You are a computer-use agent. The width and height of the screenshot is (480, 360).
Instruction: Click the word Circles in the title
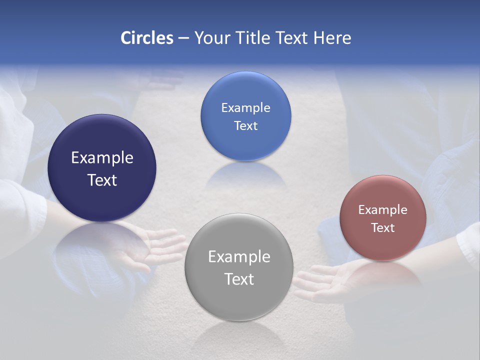click(x=147, y=38)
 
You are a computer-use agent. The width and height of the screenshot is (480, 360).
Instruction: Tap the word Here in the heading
click(x=332, y=38)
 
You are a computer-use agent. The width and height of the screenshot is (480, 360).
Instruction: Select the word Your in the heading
click(x=211, y=38)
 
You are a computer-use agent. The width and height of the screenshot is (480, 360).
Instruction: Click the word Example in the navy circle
click(x=102, y=158)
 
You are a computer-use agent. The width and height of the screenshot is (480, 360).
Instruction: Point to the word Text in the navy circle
click(x=102, y=180)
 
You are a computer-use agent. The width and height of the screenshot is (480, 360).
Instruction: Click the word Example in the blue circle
click(x=245, y=108)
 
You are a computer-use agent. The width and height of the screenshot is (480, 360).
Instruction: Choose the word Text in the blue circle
click(x=245, y=125)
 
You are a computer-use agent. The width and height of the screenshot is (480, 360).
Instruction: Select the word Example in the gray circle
click(x=239, y=257)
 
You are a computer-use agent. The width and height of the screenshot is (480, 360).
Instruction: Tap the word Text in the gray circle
click(x=239, y=279)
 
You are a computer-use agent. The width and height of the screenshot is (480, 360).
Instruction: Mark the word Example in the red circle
click(x=383, y=210)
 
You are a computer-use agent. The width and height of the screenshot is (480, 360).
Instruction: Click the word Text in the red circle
click(x=383, y=228)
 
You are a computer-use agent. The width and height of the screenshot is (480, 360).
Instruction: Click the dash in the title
click(x=183, y=38)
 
